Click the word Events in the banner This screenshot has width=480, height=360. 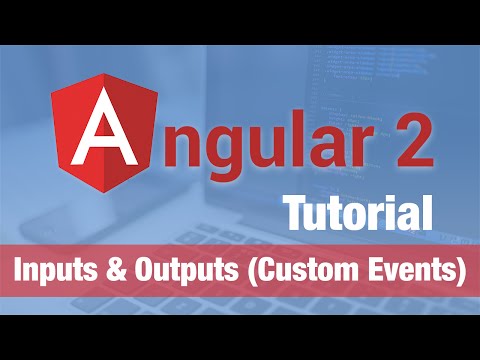[x=404, y=270]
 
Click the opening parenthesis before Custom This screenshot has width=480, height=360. [x=245, y=271]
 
